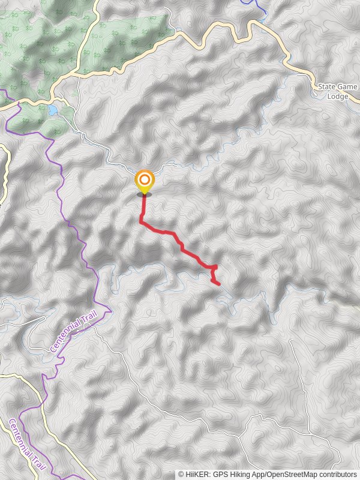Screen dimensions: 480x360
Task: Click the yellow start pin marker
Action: pyautogui.click(x=144, y=182)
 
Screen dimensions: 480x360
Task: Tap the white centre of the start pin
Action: pyautogui.click(x=144, y=179)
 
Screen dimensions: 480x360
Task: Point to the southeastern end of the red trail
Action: pyautogui.click(x=219, y=284)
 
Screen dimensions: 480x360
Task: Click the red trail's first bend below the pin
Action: pyautogui.click(x=142, y=221)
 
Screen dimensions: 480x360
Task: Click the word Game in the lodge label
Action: pyautogui.click(x=347, y=87)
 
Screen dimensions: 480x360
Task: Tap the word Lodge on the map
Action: pyautogui.click(x=338, y=96)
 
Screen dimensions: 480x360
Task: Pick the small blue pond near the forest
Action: pyautogui.click(x=53, y=110)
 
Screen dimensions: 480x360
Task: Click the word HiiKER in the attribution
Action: pyautogui.click(x=198, y=474)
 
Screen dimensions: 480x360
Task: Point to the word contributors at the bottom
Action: pyautogui.click(x=338, y=474)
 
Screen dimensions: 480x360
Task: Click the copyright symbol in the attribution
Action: pyautogui.click(x=181, y=474)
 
